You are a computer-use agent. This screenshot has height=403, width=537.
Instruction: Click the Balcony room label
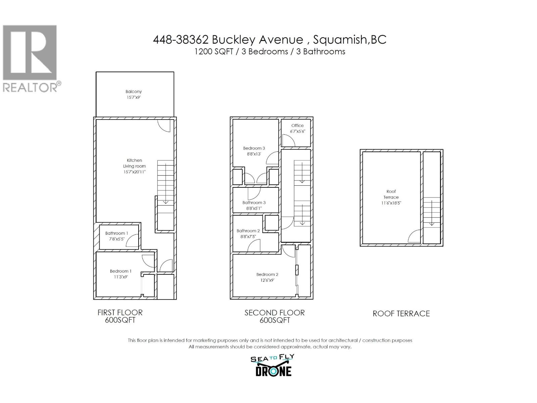coord(134,91)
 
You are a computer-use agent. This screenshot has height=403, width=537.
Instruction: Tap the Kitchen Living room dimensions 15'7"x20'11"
coord(134,172)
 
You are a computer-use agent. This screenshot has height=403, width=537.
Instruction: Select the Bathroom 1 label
coord(116,233)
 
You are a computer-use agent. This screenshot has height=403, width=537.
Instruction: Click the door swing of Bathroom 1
coord(133,241)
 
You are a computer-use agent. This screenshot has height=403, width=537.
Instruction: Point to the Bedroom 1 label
coord(120,271)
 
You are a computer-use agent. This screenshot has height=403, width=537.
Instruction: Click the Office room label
coord(297,126)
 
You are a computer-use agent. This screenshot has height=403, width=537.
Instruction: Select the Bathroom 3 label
coord(254,203)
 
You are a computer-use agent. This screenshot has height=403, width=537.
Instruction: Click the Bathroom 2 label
coord(248,231)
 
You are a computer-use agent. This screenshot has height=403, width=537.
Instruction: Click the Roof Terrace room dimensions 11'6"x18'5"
coord(391,203)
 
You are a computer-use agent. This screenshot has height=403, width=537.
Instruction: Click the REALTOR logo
coord(30,59)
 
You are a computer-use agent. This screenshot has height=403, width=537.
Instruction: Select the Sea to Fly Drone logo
coord(273,365)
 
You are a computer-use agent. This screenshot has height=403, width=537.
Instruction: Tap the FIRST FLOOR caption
coord(120,312)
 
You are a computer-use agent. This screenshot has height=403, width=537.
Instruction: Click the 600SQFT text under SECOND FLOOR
coord(275,320)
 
